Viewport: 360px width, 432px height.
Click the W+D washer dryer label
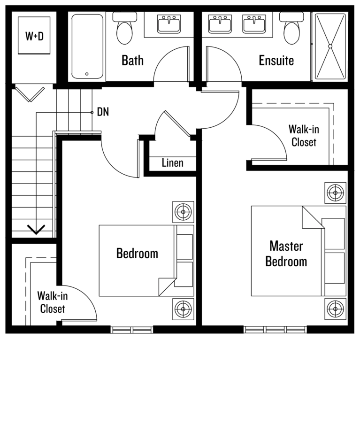pos(34,36)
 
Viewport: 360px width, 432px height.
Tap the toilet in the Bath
pos(124,28)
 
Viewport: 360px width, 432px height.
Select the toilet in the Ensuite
pos(291,28)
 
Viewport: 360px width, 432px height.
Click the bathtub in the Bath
pos(87,46)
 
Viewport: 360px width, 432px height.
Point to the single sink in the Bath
pos(169,23)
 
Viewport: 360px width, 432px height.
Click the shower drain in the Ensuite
pos(330,46)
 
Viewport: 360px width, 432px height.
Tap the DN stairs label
pos(103,112)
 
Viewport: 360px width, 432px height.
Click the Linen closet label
pos(172,163)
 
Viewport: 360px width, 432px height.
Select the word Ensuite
pos(276,60)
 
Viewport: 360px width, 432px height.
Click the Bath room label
pos(132,60)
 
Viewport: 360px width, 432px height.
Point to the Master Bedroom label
pos(286,254)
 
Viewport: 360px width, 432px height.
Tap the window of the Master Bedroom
pos(275,329)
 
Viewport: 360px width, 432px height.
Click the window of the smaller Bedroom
pos(132,330)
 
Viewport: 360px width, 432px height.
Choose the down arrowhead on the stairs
pos(36,230)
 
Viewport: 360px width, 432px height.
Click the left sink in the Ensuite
pos(220,23)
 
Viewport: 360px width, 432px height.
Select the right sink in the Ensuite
pos(254,23)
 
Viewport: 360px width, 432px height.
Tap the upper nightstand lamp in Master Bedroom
pos(335,193)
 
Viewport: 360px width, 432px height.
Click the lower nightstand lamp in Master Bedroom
pos(335,309)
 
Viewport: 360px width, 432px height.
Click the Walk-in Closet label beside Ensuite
pos(304,136)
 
